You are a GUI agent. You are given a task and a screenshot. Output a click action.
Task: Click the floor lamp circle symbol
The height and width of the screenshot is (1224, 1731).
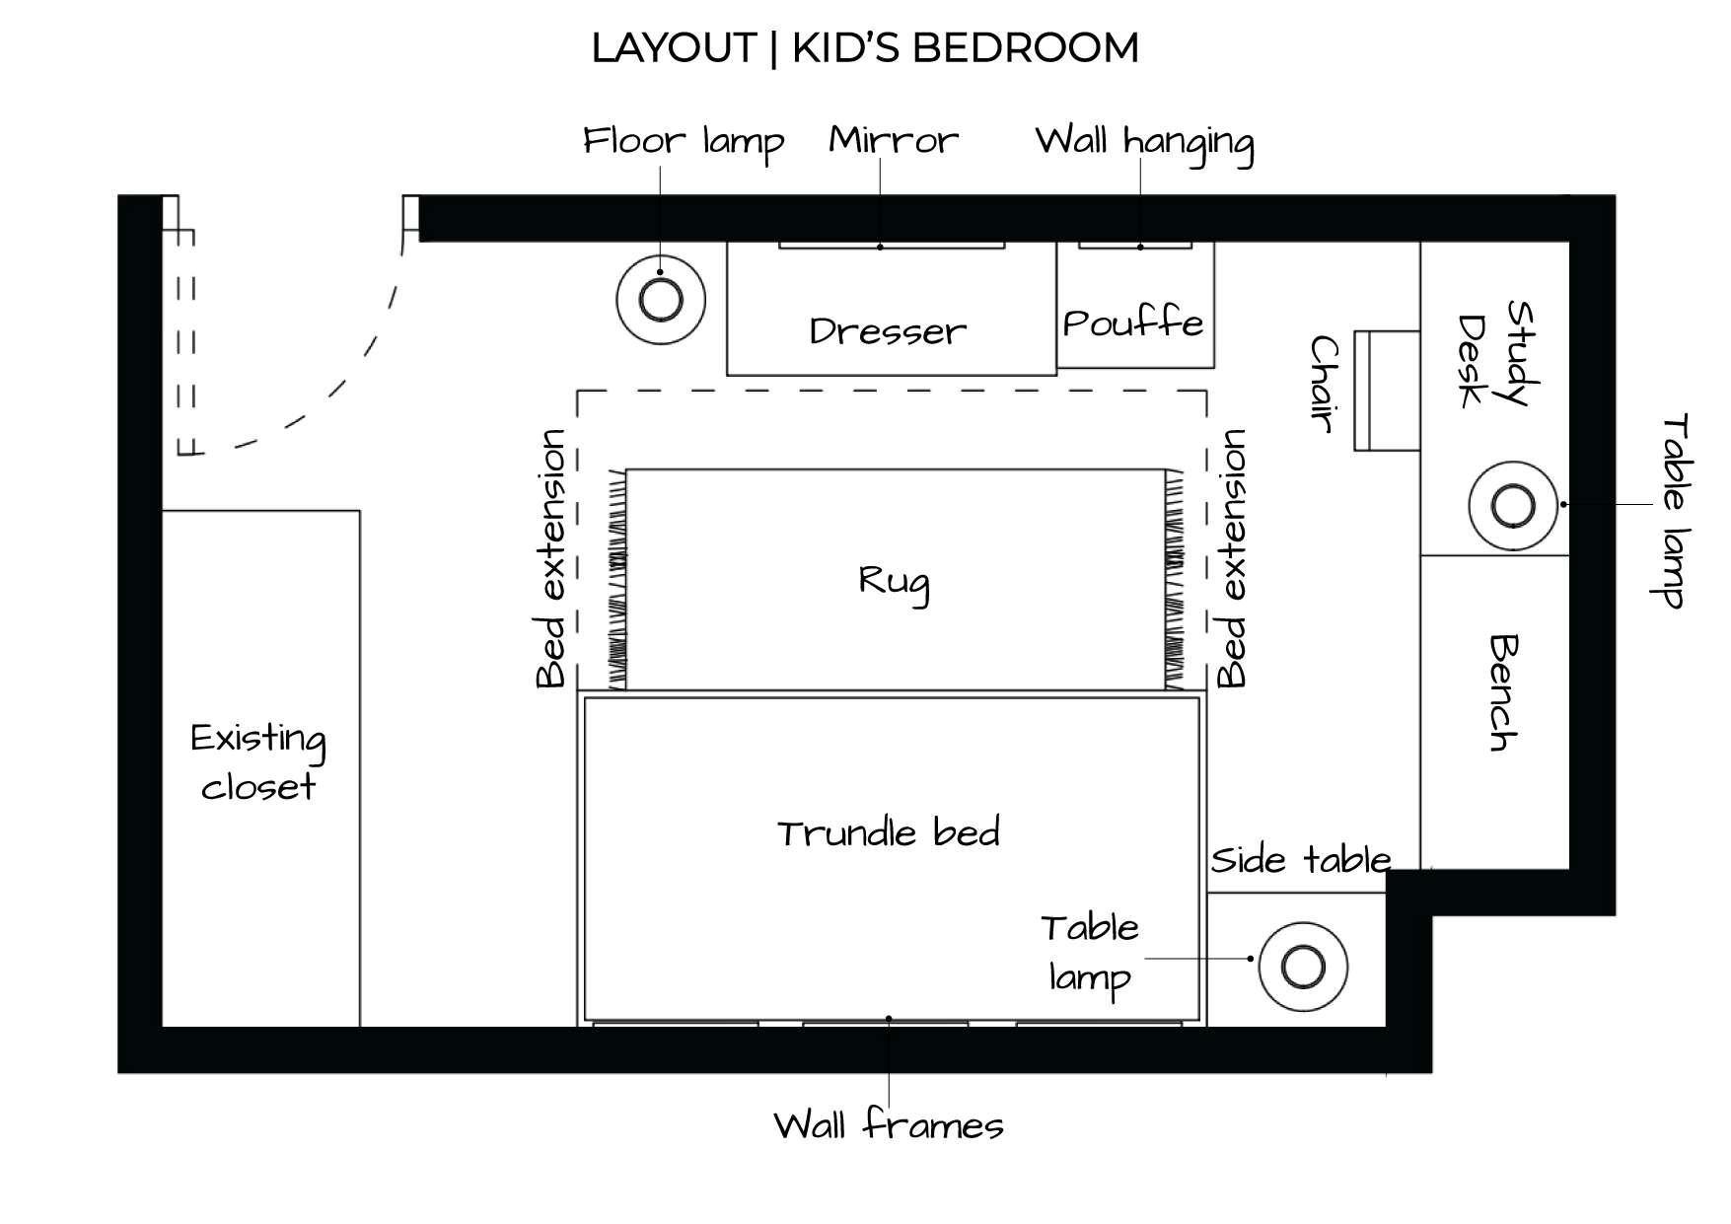[x=660, y=299]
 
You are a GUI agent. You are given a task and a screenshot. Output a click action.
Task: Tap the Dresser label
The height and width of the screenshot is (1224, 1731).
[x=888, y=331]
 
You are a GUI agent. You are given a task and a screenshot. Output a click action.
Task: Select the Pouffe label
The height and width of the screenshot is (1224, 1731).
[x=1133, y=324]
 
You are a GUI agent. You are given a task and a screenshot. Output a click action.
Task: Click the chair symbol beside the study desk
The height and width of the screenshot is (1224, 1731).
[x=1386, y=391]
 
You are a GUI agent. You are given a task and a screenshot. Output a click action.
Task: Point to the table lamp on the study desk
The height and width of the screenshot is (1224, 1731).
[x=1512, y=506]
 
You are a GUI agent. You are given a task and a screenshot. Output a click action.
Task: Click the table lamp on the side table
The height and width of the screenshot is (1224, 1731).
[x=1302, y=967]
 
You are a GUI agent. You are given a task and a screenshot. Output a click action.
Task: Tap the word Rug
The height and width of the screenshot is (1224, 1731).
[x=894, y=582]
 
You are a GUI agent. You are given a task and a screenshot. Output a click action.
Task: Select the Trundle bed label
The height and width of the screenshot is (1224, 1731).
[x=888, y=833]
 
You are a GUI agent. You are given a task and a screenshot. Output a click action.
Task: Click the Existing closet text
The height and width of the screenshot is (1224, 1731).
[x=258, y=762]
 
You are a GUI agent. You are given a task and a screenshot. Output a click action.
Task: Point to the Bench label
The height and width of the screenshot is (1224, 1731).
[x=1503, y=692]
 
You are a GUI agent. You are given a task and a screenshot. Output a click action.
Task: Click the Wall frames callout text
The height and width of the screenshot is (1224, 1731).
[x=888, y=1125]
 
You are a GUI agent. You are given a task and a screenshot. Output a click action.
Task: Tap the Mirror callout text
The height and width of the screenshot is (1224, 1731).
[x=893, y=140]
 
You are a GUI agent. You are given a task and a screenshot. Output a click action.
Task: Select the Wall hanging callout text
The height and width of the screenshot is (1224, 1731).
[x=1144, y=143]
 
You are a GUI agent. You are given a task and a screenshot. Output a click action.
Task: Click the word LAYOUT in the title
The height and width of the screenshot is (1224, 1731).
[x=673, y=47]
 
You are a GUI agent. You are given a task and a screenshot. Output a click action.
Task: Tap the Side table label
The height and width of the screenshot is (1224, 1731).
[x=1300, y=860]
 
